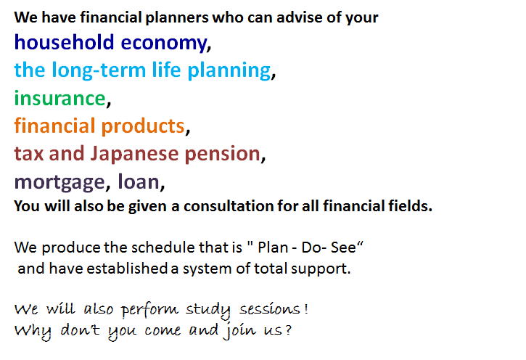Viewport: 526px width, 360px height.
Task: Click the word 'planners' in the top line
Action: click(x=177, y=18)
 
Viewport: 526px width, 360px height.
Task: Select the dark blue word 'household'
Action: click(x=65, y=43)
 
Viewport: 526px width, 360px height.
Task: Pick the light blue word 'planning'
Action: click(x=229, y=70)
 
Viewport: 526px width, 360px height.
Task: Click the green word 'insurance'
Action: click(x=60, y=98)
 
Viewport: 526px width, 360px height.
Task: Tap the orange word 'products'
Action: click(x=143, y=126)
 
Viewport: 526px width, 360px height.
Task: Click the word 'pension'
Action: click(x=223, y=155)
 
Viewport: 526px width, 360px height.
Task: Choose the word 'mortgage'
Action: click(x=59, y=183)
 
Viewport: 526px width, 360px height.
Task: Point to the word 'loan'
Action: click(x=139, y=181)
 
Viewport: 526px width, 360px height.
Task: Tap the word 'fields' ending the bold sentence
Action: click(x=408, y=206)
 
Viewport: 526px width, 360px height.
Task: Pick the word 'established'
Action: click(x=127, y=269)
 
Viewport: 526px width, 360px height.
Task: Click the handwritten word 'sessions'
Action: click(x=269, y=309)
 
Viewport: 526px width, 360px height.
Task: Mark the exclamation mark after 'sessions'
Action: click(x=306, y=308)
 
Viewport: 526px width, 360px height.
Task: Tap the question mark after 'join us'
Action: click(x=288, y=330)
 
